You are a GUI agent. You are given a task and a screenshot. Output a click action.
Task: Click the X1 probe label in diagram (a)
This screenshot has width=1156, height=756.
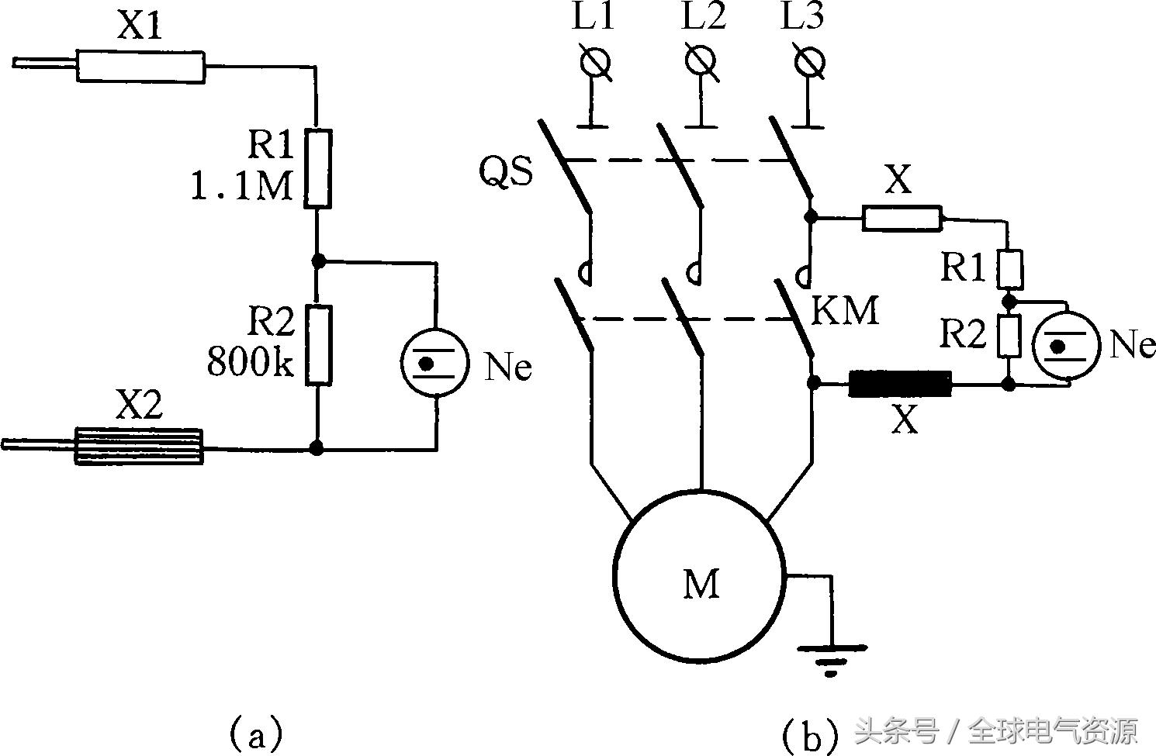tap(140, 28)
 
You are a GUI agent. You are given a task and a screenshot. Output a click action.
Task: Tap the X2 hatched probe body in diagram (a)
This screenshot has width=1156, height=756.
tap(139, 447)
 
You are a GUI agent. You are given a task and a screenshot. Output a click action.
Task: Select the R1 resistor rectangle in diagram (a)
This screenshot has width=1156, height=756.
tap(317, 168)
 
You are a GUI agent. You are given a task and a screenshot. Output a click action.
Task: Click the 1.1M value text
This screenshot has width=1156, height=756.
tap(241, 186)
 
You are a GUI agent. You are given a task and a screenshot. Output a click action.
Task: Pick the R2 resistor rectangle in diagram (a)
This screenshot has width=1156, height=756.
tap(317, 345)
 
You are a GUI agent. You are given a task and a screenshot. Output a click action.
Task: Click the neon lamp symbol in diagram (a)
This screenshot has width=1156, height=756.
tap(435, 362)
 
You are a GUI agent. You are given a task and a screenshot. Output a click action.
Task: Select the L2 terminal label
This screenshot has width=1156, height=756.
tap(704, 18)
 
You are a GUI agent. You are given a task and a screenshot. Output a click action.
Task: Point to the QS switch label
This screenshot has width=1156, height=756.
tap(506, 172)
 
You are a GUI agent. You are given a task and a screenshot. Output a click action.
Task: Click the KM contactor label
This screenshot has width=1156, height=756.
tap(845, 311)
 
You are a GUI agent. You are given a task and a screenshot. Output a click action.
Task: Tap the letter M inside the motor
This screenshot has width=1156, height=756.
tap(701, 583)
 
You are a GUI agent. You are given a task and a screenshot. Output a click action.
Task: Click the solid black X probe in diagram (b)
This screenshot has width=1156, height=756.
tap(900, 384)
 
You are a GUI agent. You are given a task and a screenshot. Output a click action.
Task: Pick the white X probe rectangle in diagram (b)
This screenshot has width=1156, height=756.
tap(902, 219)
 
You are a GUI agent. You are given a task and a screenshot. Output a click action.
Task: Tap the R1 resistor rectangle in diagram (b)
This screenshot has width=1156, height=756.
tap(1009, 269)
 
